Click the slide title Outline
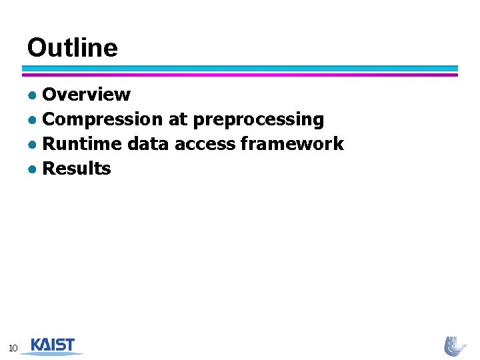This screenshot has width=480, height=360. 72,48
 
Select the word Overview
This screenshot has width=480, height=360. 86,95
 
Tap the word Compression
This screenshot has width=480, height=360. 102,119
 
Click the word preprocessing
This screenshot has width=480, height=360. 259,120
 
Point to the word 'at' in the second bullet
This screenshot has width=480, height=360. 178,119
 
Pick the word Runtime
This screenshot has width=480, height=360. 82,144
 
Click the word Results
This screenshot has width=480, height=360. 77,169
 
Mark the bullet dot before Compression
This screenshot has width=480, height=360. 32,120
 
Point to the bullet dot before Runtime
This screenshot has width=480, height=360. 32,145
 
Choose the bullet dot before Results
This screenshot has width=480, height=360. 32,169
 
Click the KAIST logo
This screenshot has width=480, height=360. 53,345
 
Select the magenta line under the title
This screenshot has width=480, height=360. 240,75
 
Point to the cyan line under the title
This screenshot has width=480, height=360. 240,68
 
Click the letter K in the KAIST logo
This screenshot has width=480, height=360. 37,345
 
